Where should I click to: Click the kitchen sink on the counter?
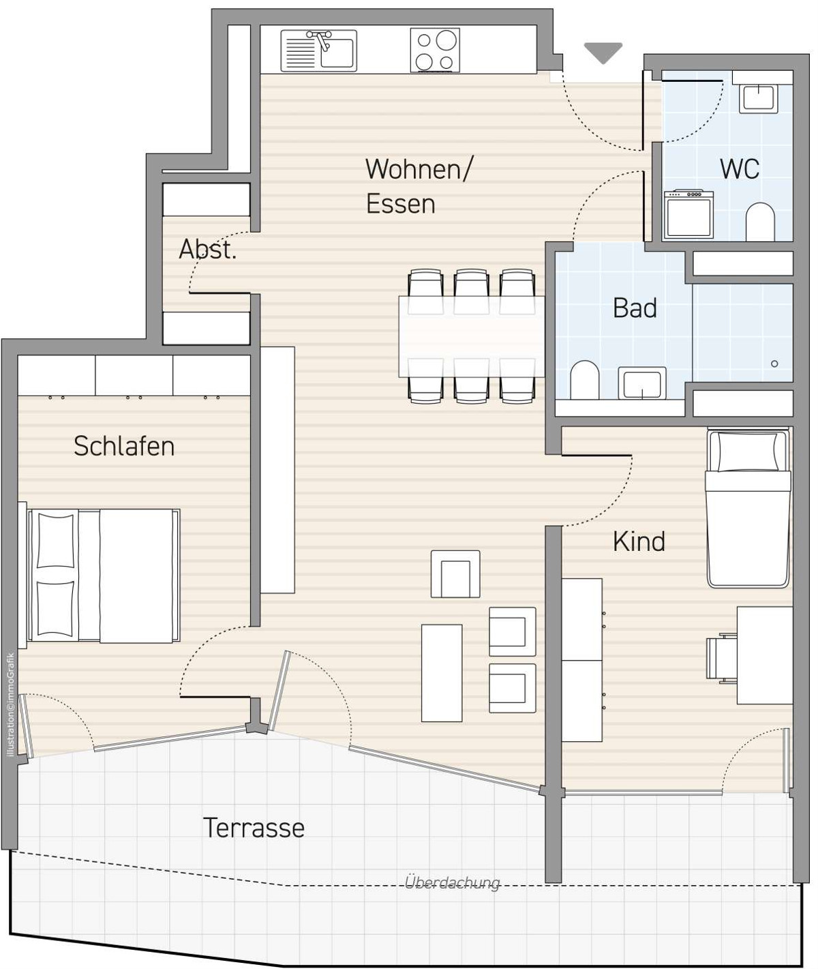pos(319,50)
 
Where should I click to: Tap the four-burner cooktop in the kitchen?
pos(435,50)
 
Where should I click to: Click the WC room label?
pos(740,169)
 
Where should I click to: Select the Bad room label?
pos(635,308)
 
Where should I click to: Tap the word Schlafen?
pos(124,446)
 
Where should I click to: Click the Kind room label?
pos(639,541)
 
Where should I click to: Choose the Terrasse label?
pos(254,828)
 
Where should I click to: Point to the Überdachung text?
pos(452,882)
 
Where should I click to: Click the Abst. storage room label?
pos(207,249)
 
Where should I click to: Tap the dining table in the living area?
pos(472,336)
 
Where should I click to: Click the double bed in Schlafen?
pos(103,576)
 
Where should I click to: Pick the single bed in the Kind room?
pos(748,508)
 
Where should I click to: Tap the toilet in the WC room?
pos(760,222)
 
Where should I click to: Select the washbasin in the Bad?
pos(641,383)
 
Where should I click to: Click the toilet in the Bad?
pos(584,380)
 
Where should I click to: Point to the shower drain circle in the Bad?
pos(774,364)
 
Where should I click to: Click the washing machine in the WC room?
pos(688,214)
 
